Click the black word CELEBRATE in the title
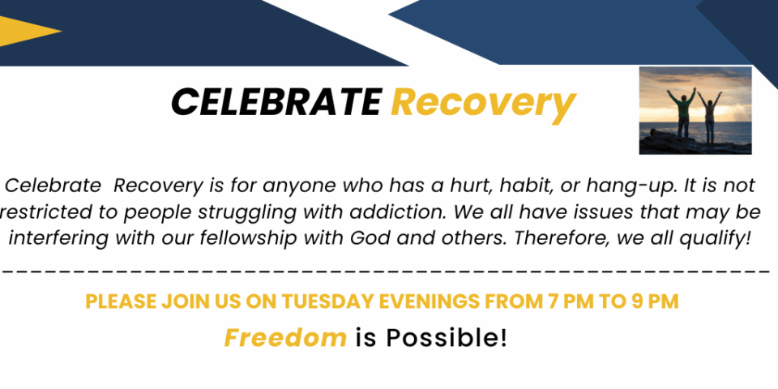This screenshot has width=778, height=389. pyautogui.click(x=276, y=102)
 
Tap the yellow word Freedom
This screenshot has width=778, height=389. pyautogui.click(x=285, y=338)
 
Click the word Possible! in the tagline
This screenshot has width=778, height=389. pyautogui.click(x=447, y=338)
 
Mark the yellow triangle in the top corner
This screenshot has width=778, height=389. pyautogui.click(x=28, y=31)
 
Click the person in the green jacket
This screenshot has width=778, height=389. pyautogui.click(x=682, y=113)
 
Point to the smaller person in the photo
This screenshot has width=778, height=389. pyautogui.click(x=710, y=117)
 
